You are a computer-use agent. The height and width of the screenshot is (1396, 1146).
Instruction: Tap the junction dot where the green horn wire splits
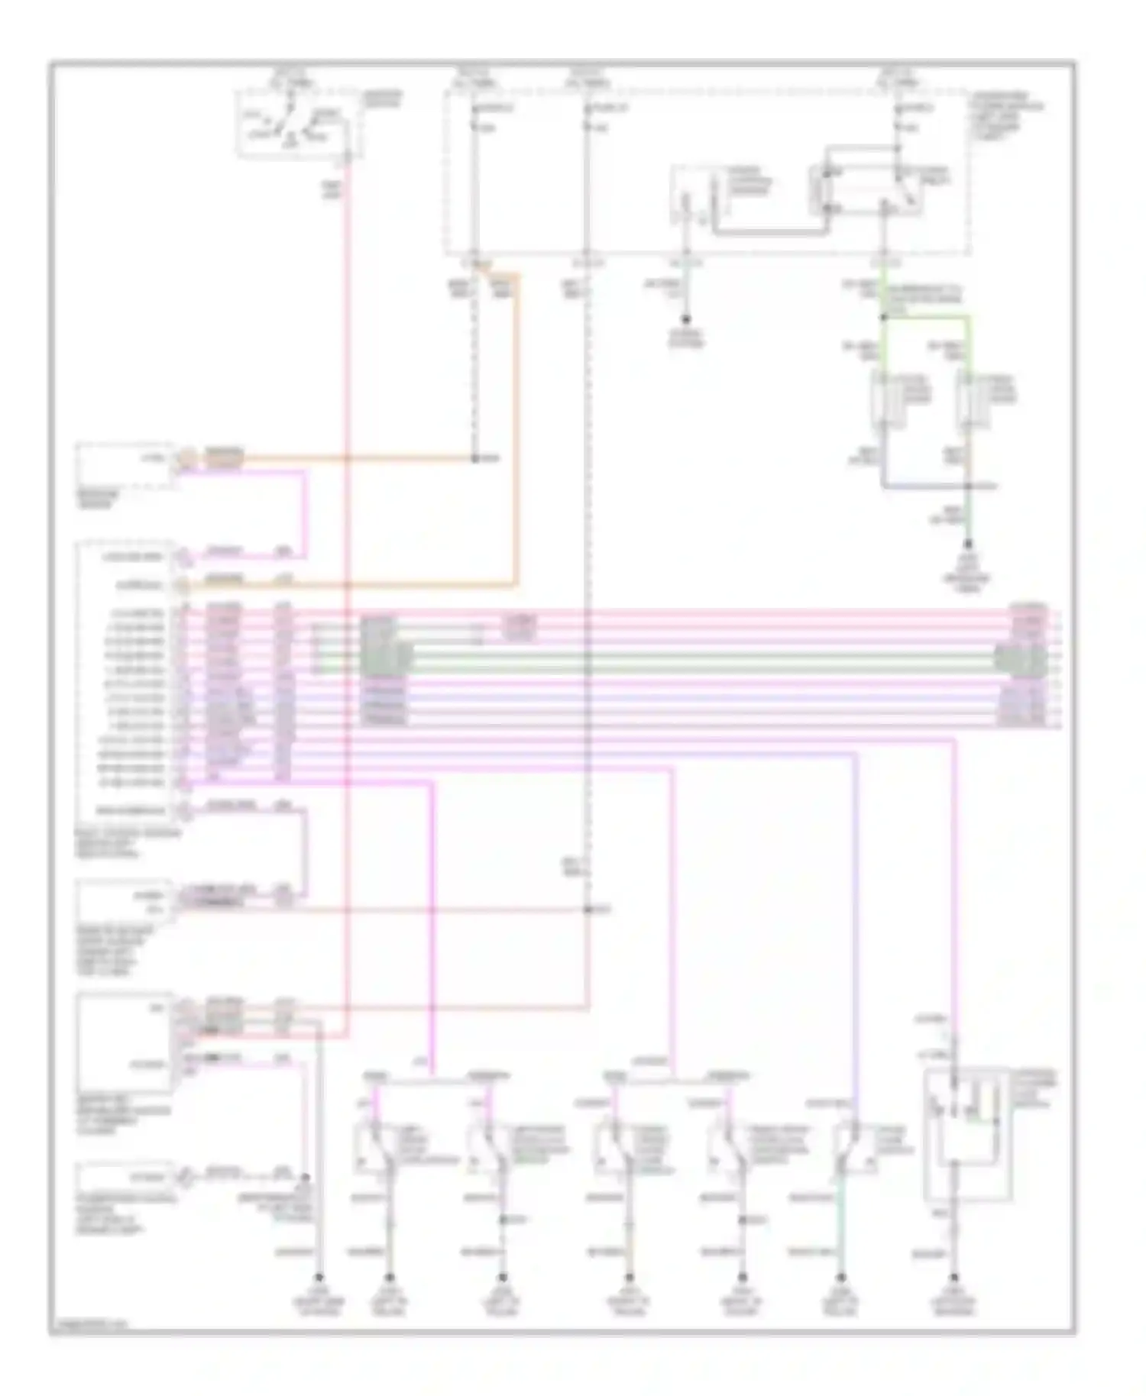click(x=884, y=317)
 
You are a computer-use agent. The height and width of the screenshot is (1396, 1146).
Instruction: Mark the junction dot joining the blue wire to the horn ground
click(x=969, y=486)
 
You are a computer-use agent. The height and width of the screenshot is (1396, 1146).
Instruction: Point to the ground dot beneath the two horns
click(x=969, y=545)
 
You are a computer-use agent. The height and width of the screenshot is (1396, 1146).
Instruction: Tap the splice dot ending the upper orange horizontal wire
click(x=474, y=459)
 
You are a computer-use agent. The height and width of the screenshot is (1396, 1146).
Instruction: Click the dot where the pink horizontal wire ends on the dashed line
click(x=587, y=910)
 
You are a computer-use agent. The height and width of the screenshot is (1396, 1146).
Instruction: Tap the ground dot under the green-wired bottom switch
click(x=841, y=1276)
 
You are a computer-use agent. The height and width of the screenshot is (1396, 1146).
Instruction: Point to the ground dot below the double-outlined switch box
click(x=953, y=1276)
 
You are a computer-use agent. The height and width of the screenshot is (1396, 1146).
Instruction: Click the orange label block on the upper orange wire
click(x=224, y=458)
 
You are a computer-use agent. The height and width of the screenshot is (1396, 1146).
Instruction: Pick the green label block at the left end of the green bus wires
click(x=387, y=654)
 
